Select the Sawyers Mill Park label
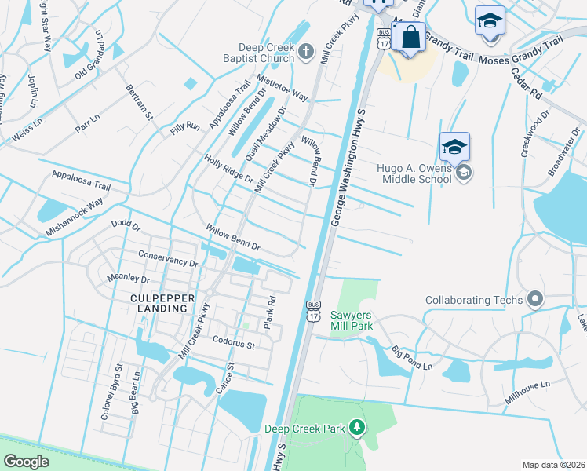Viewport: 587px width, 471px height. [x=350, y=320]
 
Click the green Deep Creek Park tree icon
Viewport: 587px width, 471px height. [x=357, y=428]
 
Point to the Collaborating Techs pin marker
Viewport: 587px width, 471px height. [x=536, y=299]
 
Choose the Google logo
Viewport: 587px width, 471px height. [x=26, y=462]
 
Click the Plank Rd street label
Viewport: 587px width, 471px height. [x=271, y=312]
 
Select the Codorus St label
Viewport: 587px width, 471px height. [x=234, y=343]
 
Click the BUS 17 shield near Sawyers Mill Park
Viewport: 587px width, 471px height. [x=313, y=310]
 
